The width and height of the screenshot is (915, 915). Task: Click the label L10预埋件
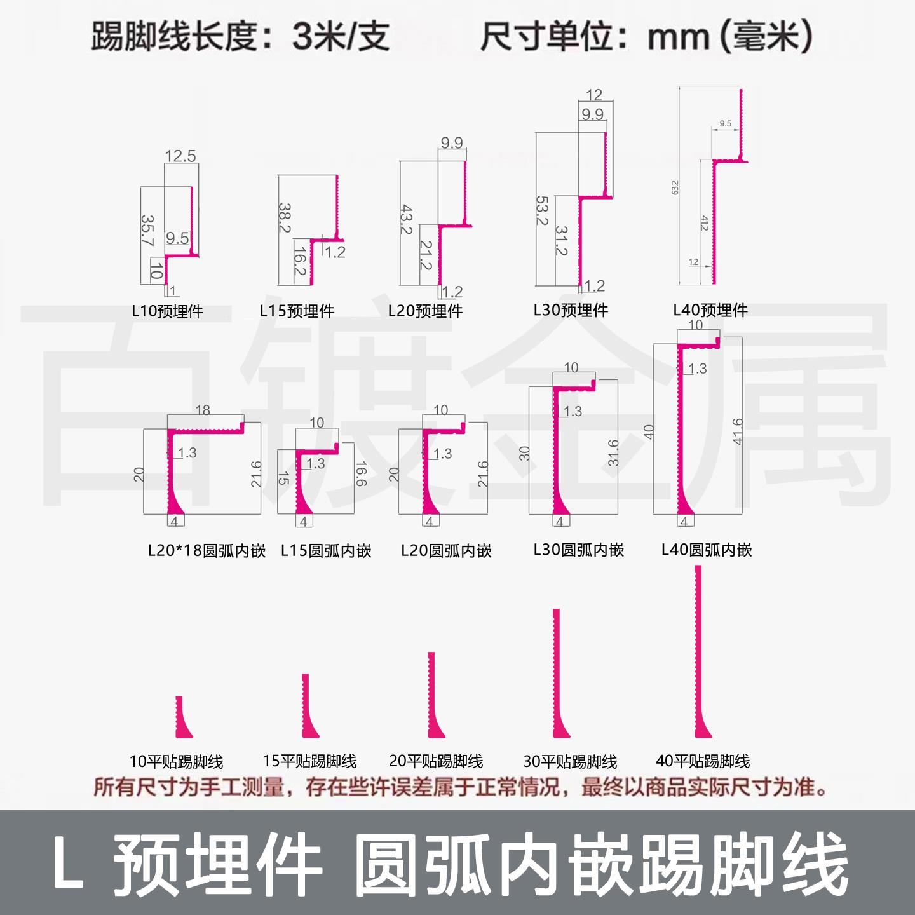click(167, 311)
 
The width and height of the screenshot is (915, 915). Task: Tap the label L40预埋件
click(710, 310)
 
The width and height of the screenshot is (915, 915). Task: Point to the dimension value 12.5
click(180, 156)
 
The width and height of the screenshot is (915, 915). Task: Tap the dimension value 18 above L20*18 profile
click(203, 410)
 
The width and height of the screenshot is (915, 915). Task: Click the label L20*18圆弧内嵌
click(206, 550)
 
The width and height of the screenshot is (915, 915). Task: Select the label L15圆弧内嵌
click(326, 550)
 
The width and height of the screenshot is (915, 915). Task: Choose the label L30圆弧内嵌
click(578, 550)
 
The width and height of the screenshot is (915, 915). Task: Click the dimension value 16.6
click(360, 473)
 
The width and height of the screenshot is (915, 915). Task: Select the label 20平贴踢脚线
click(436, 761)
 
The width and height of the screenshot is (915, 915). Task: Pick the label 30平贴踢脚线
click(570, 761)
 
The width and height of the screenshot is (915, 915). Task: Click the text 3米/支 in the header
click(339, 37)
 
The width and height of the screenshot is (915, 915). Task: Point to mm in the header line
click(677, 37)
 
